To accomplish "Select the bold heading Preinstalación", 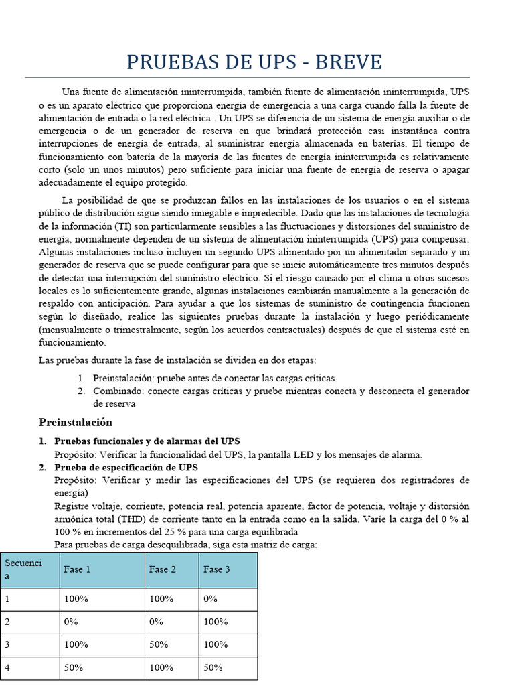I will coord(76,423).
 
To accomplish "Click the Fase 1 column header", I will coord(77,569).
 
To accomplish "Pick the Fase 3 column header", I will coord(216,569).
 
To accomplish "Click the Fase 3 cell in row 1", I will coord(211,599).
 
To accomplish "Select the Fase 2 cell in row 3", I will coord(158,644).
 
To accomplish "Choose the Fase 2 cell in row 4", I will coord(161,667).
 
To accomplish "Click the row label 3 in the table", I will coord(7,644).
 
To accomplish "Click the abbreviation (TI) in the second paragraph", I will coord(124,226).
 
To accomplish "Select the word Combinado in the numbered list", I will coord(118,391).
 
